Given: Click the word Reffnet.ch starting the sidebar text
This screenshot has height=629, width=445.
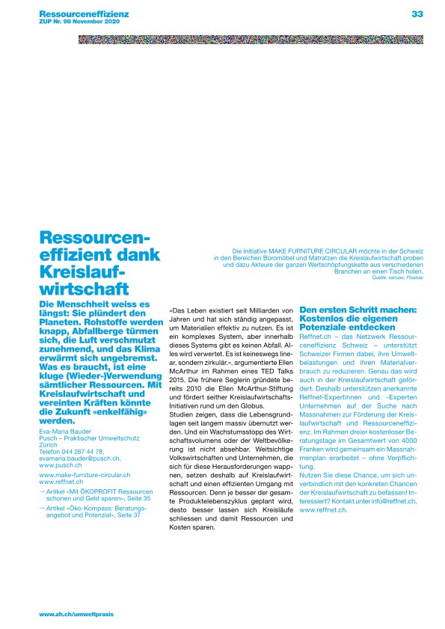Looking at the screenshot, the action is (316, 337).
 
